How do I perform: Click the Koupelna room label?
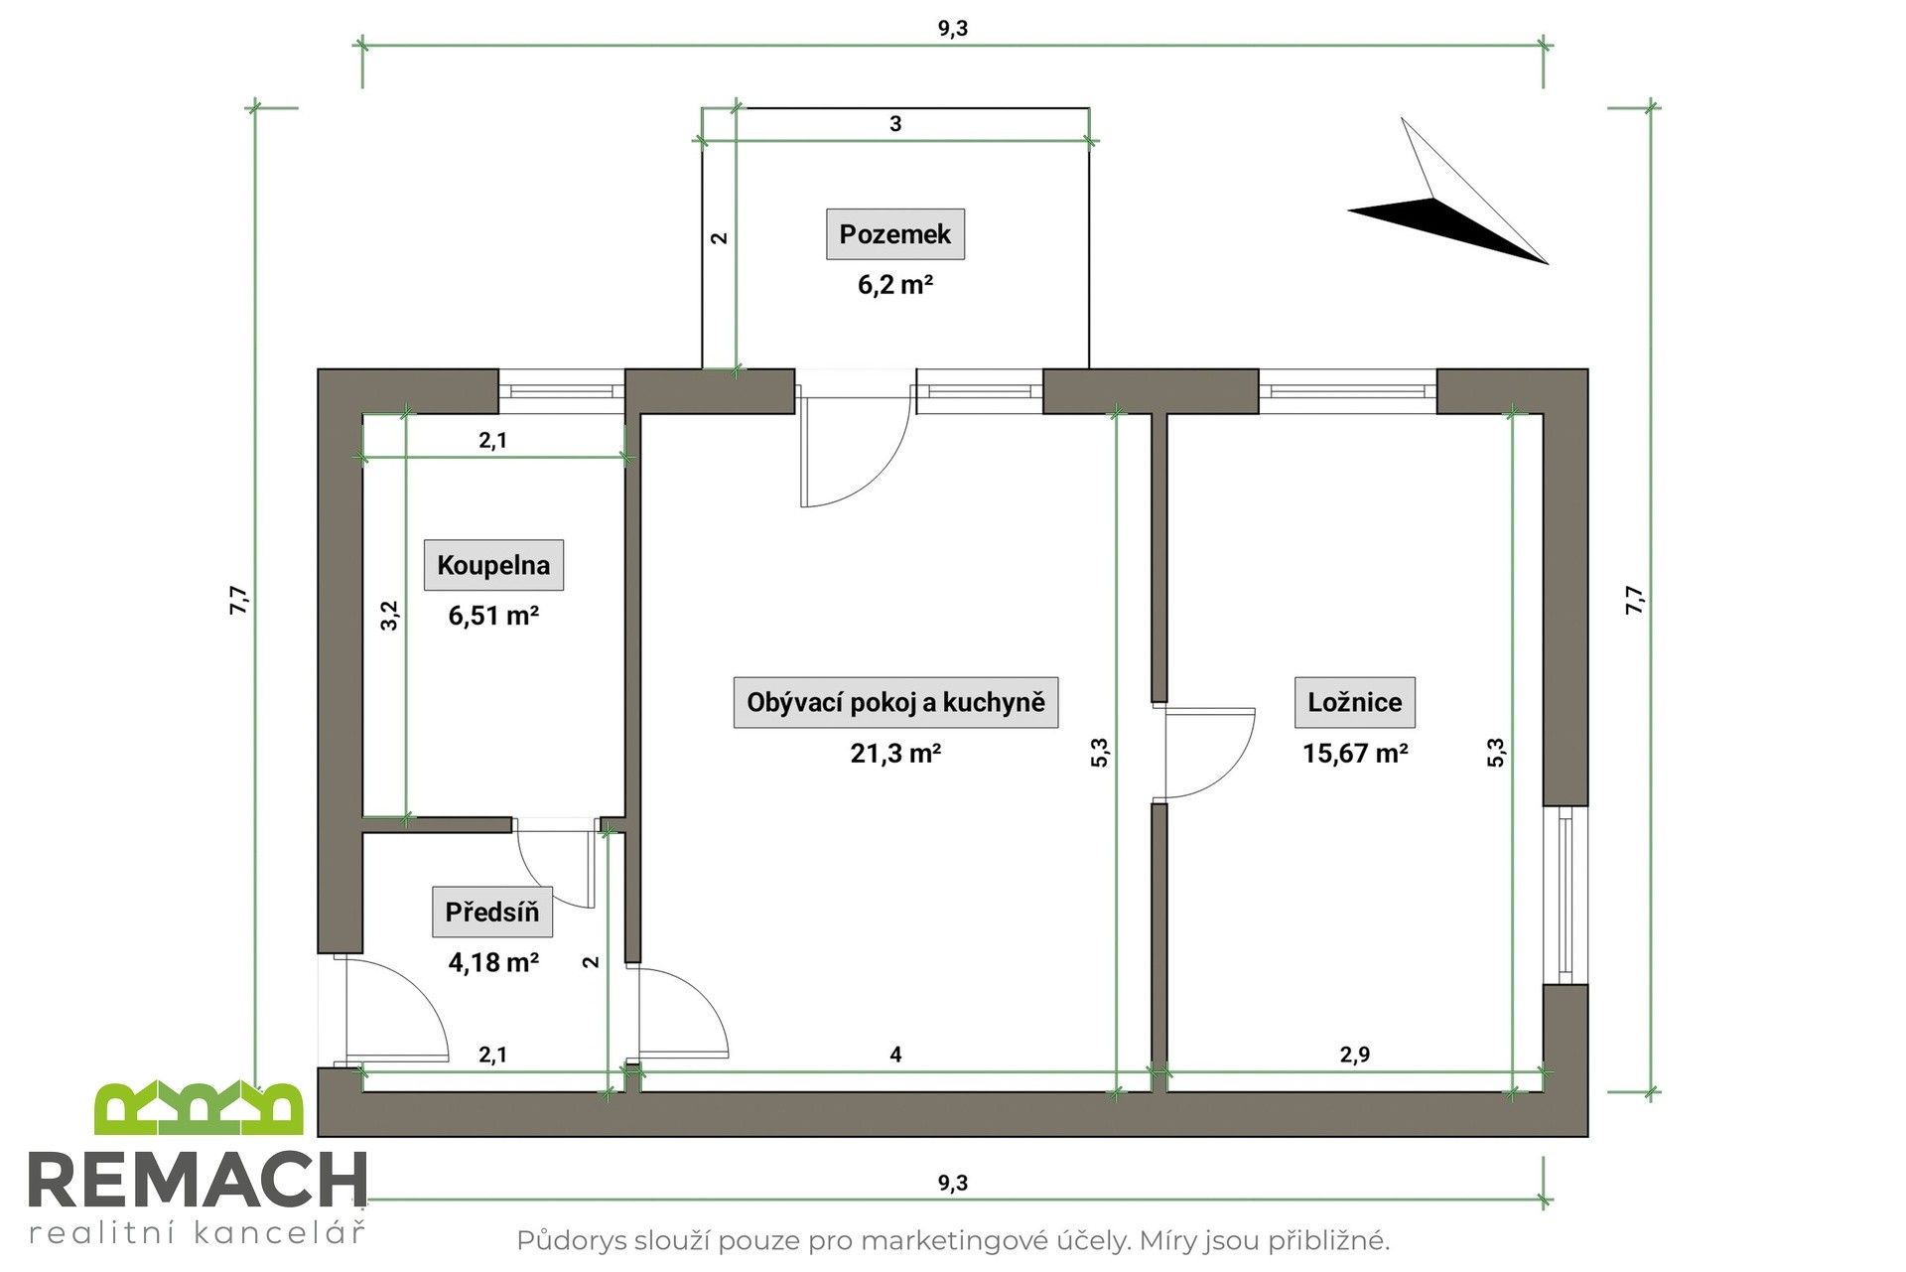click(493, 566)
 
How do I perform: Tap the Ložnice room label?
click(1354, 703)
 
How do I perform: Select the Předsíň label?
click(491, 913)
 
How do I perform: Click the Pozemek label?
click(894, 234)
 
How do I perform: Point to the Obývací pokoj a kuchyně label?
click(895, 703)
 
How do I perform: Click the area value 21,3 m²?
click(895, 754)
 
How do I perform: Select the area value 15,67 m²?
click(1355, 754)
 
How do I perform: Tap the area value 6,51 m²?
click(493, 617)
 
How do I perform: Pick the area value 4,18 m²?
click(493, 962)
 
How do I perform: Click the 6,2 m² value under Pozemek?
click(894, 286)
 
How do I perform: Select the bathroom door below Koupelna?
click(556, 864)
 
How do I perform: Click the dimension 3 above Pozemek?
click(895, 124)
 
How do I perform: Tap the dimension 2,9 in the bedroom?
click(1354, 1055)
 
